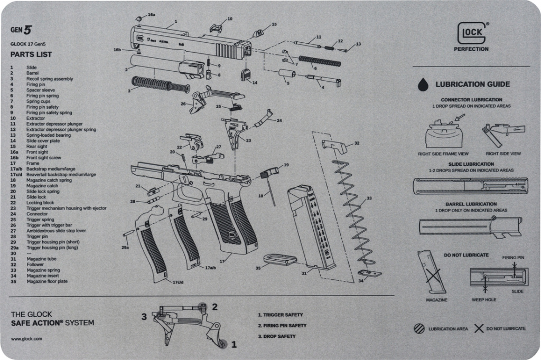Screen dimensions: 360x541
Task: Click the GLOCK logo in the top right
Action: point(471,33)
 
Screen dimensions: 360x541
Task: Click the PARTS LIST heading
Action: point(31,54)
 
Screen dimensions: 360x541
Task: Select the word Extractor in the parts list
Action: point(36,118)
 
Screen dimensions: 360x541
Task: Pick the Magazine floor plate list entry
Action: point(47,281)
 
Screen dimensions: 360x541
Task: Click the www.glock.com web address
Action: point(26,339)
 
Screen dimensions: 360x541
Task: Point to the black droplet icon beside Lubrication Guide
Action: point(423,84)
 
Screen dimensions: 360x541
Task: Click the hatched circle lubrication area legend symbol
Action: point(419,328)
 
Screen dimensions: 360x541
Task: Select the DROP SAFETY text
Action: point(276,336)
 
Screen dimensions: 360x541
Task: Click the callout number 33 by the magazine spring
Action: point(369,198)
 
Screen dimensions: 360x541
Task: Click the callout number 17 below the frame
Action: point(222,260)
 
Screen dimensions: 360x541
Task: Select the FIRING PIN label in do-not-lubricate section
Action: point(512,258)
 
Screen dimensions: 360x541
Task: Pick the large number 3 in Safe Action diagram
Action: point(143,317)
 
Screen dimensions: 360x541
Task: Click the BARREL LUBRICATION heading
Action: point(471,204)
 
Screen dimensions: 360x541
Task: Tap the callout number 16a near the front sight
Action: point(151,15)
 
